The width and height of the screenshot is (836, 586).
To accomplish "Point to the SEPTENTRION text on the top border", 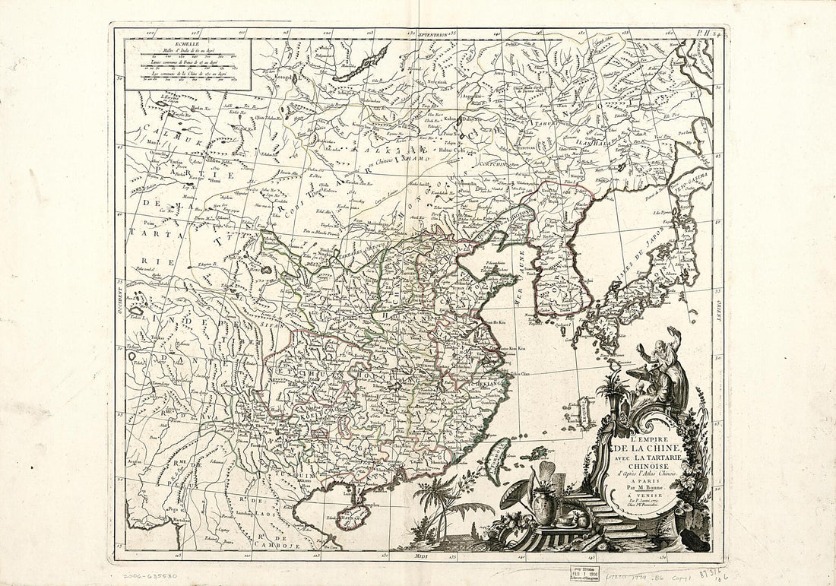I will [x=426, y=33].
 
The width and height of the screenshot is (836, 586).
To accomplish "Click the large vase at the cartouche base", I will [x=544, y=505].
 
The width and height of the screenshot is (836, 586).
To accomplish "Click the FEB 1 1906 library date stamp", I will [x=586, y=571].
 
